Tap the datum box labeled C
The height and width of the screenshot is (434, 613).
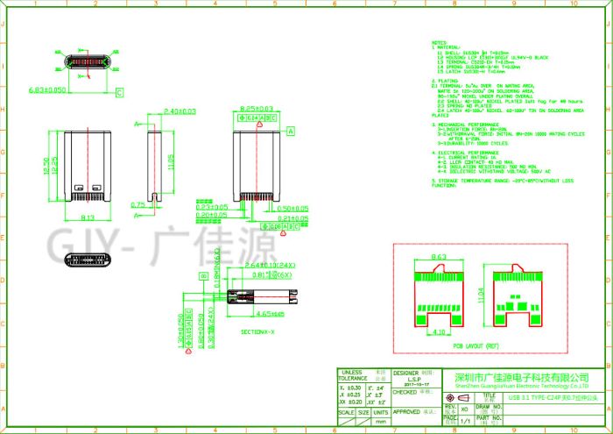pyautogui.click(x=119, y=92)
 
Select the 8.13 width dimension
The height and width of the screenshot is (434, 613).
pyautogui.click(x=88, y=217)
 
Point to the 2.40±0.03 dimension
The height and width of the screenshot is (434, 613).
pyautogui.click(x=179, y=111)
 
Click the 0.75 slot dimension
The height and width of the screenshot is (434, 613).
pyautogui.click(x=137, y=204)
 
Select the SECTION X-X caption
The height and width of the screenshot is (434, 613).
pyautogui.click(x=259, y=332)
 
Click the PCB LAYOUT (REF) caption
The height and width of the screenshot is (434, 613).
pyautogui.click(x=476, y=346)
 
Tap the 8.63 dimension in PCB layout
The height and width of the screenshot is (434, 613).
pyautogui.click(x=439, y=256)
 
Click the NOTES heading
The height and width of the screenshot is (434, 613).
pyautogui.click(x=439, y=42)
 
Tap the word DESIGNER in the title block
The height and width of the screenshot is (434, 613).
pyautogui.click(x=405, y=373)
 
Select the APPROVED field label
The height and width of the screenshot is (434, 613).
pyautogui.click(x=406, y=410)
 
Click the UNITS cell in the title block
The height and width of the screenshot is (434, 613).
pyautogui.click(x=380, y=411)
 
